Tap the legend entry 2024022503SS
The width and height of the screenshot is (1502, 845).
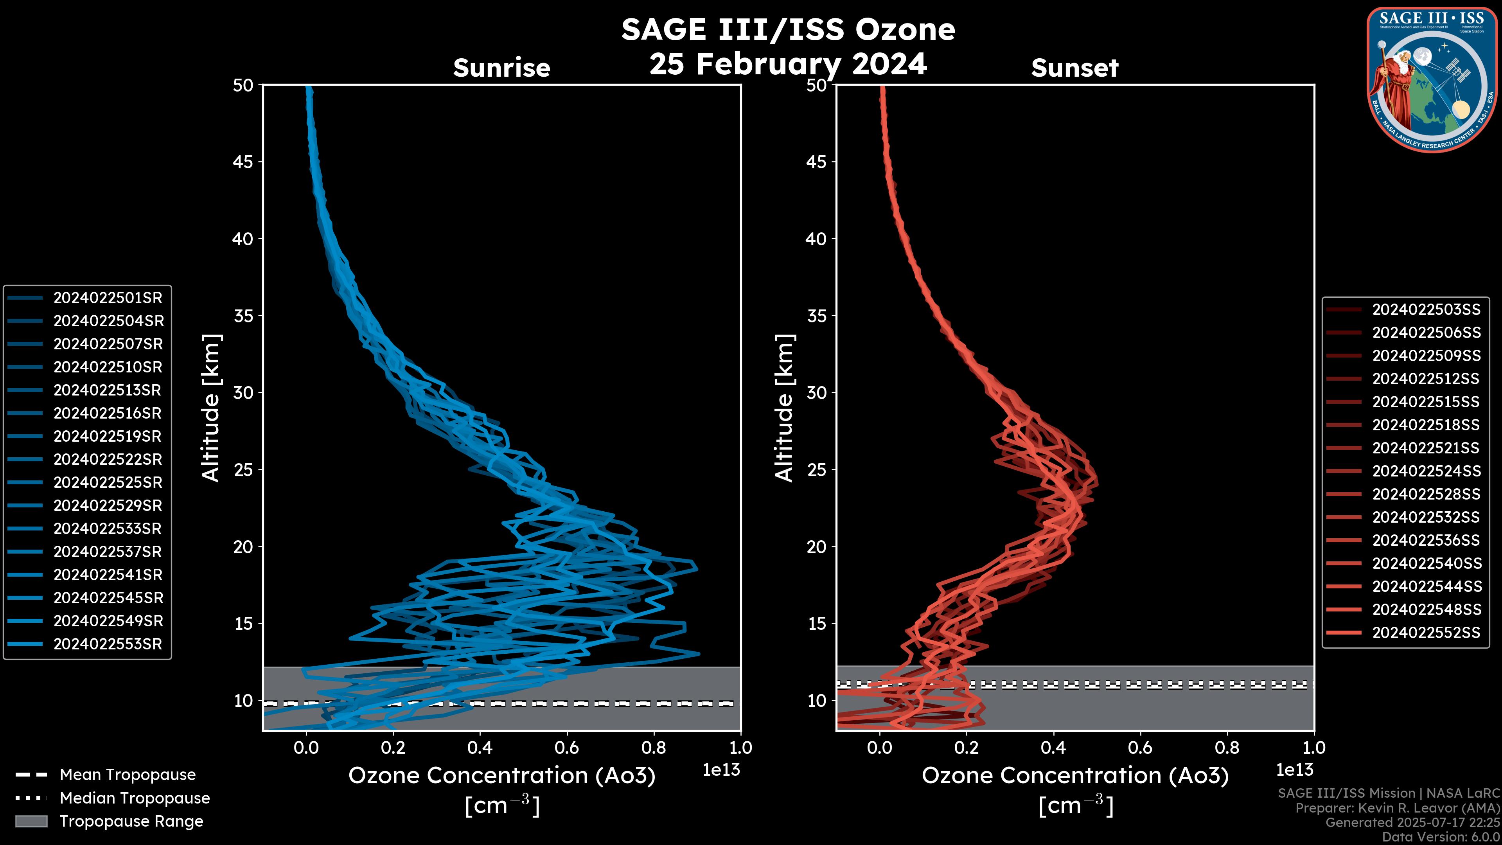pos(1426,310)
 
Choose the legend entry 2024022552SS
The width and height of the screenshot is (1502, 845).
pos(1426,633)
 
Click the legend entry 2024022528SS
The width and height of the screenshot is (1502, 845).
pos(1426,494)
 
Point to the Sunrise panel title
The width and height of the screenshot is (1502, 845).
pos(501,68)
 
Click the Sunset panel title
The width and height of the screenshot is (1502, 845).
pos(1074,68)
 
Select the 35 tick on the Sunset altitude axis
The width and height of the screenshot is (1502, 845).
pos(816,315)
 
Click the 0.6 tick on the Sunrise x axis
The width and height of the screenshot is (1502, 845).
pos(567,748)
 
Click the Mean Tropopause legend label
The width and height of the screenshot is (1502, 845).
pos(128,775)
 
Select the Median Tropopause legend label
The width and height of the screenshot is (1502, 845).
pos(135,798)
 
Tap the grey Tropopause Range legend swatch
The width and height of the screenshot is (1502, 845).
pos(31,821)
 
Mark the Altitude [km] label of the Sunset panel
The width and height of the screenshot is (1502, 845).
pos(784,408)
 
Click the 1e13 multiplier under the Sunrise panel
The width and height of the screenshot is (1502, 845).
pos(721,770)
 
